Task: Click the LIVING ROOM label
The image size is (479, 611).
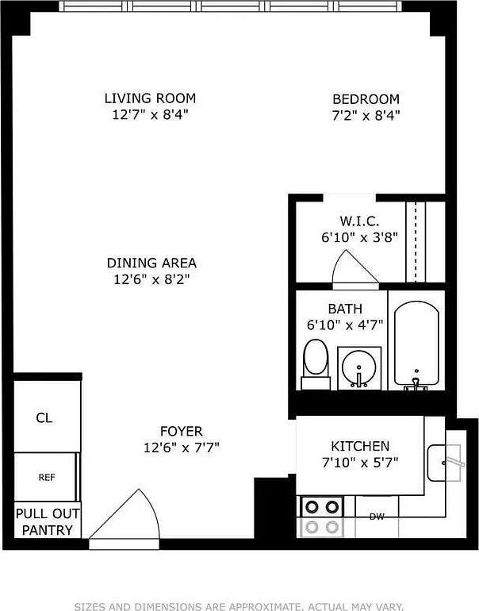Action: tap(150, 98)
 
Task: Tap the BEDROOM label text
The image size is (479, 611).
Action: tap(366, 99)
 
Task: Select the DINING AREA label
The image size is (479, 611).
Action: tap(151, 263)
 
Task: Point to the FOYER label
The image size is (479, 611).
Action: tap(181, 431)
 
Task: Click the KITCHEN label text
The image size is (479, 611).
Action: tap(359, 446)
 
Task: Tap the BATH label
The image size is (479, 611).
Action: tap(344, 309)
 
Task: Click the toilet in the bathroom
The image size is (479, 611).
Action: tap(316, 363)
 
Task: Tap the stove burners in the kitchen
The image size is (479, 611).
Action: tap(320, 515)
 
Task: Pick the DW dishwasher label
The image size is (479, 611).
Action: tap(377, 517)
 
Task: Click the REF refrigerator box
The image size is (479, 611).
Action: tap(45, 477)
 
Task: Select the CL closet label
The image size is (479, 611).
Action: tap(44, 417)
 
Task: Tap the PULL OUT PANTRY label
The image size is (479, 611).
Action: tap(48, 521)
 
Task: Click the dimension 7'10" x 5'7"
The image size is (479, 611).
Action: tap(359, 462)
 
